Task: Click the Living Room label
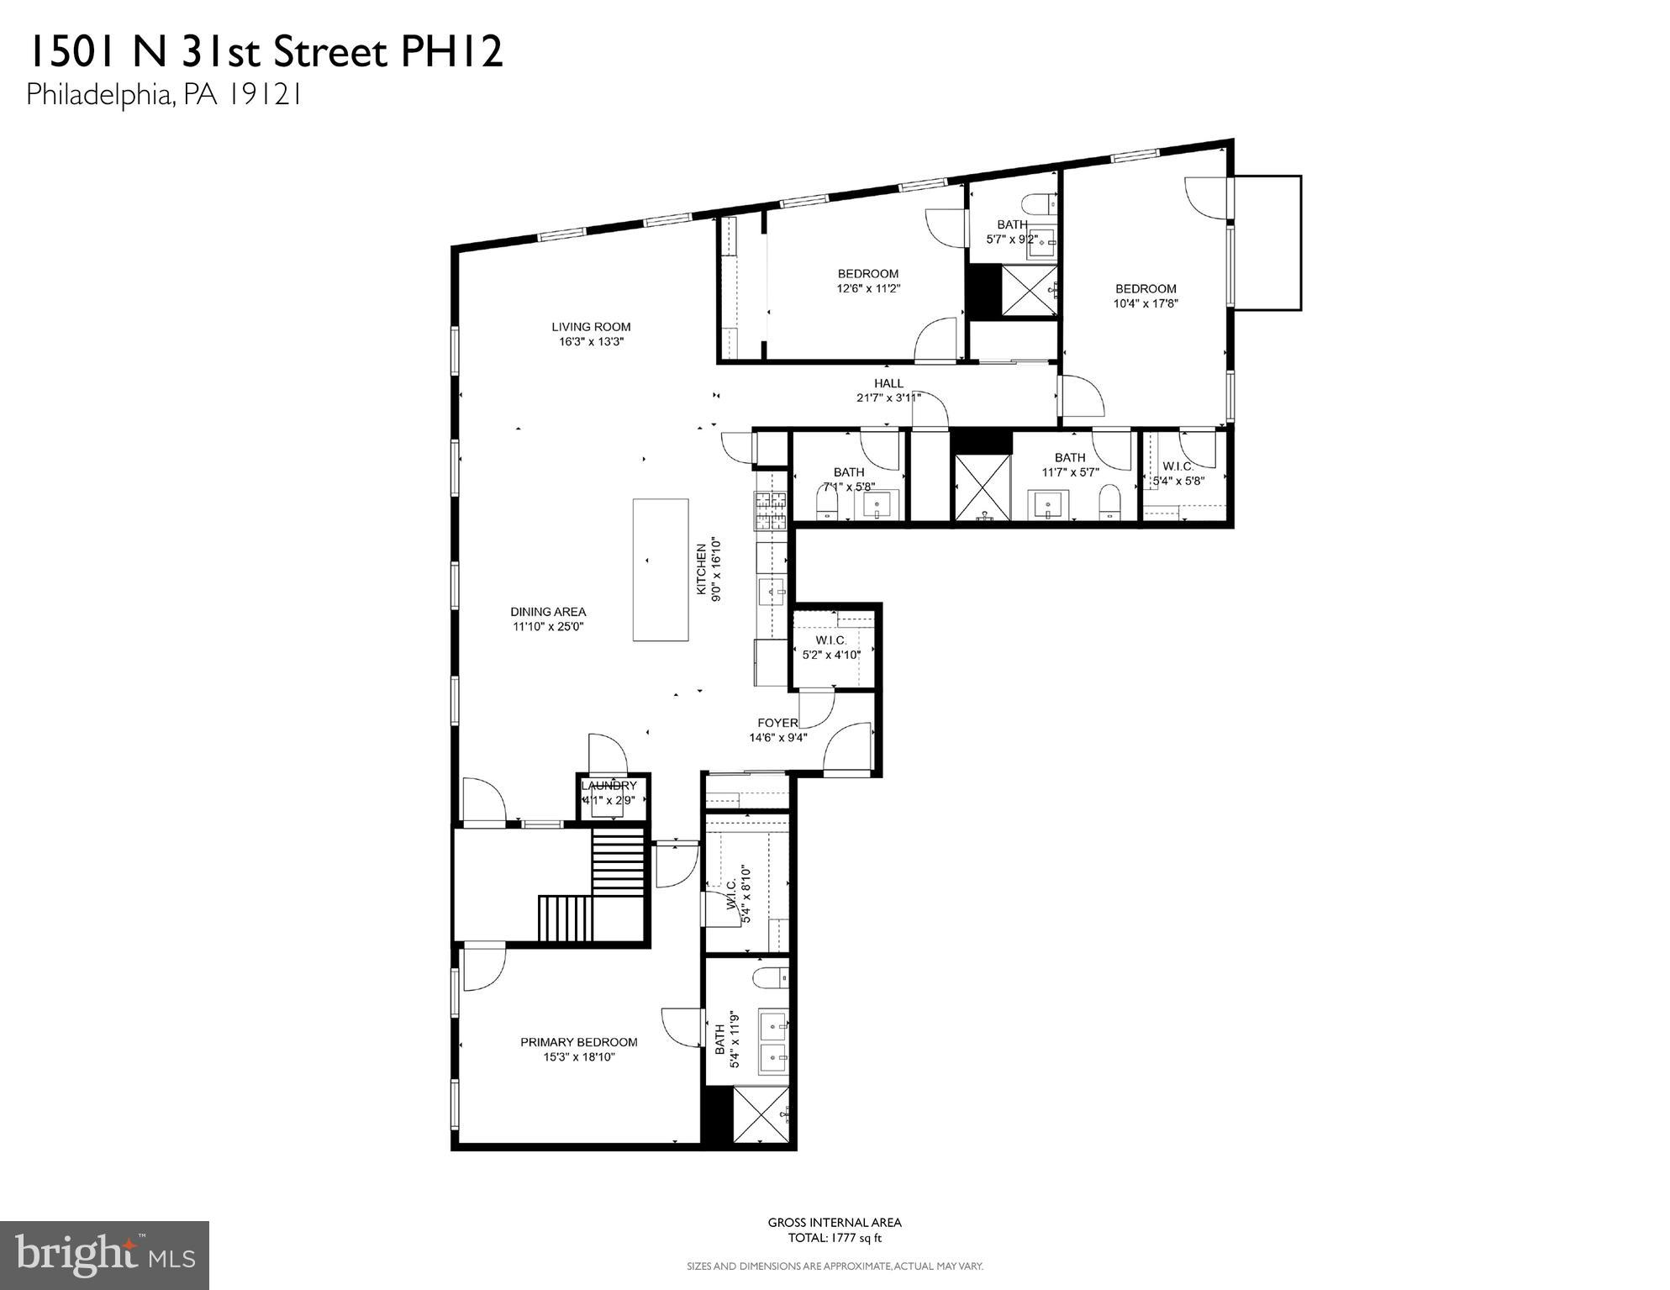coord(591,327)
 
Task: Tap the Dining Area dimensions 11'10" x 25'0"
coord(548,627)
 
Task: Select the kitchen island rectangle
coord(661,571)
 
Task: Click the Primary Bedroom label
coord(578,1042)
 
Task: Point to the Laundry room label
coord(610,786)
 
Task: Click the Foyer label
coord(777,723)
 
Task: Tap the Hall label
coord(888,383)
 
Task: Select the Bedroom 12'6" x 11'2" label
coord(868,274)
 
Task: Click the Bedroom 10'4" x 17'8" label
coord(1146,289)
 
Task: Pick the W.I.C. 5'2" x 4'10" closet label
coord(831,640)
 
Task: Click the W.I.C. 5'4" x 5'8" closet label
coord(1177,466)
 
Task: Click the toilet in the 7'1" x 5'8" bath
coord(827,505)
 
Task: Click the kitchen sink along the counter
coord(771,592)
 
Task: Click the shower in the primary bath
coord(761,1116)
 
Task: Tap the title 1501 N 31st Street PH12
coord(265,52)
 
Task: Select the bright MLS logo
coord(104,1255)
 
